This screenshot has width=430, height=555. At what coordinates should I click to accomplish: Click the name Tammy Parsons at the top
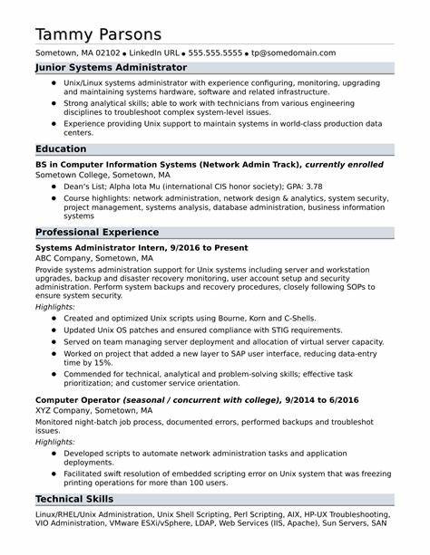(99, 33)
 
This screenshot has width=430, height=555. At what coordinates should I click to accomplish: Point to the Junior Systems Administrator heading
(111, 68)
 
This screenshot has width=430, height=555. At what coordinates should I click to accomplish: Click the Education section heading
(61, 148)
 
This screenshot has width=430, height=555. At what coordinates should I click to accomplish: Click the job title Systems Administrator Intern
(98, 248)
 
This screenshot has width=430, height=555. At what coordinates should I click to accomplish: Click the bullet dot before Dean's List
(54, 186)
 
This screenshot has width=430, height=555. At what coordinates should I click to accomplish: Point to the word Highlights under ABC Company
(55, 307)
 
